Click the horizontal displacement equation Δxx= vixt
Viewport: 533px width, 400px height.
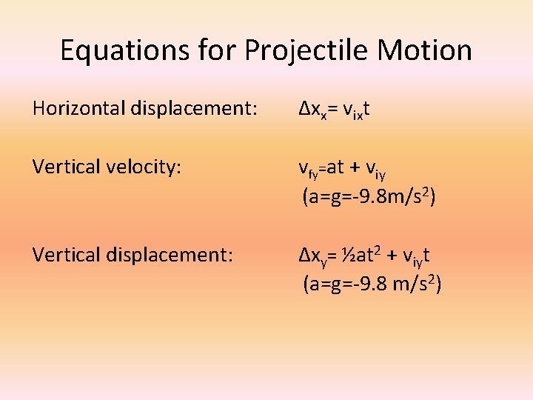point(334,110)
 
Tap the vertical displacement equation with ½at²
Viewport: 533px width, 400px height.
point(365,256)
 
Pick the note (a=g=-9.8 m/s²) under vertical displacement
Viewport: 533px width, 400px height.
point(372,283)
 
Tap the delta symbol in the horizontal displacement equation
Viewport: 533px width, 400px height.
point(304,110)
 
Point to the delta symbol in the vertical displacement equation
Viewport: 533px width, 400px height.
point(304,255)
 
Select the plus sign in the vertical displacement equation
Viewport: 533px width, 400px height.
point(388,256)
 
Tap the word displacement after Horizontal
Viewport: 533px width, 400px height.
point(193,110)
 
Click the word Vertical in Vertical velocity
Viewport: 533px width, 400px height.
point(63,167)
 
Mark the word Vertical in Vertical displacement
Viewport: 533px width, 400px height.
point(63,255)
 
